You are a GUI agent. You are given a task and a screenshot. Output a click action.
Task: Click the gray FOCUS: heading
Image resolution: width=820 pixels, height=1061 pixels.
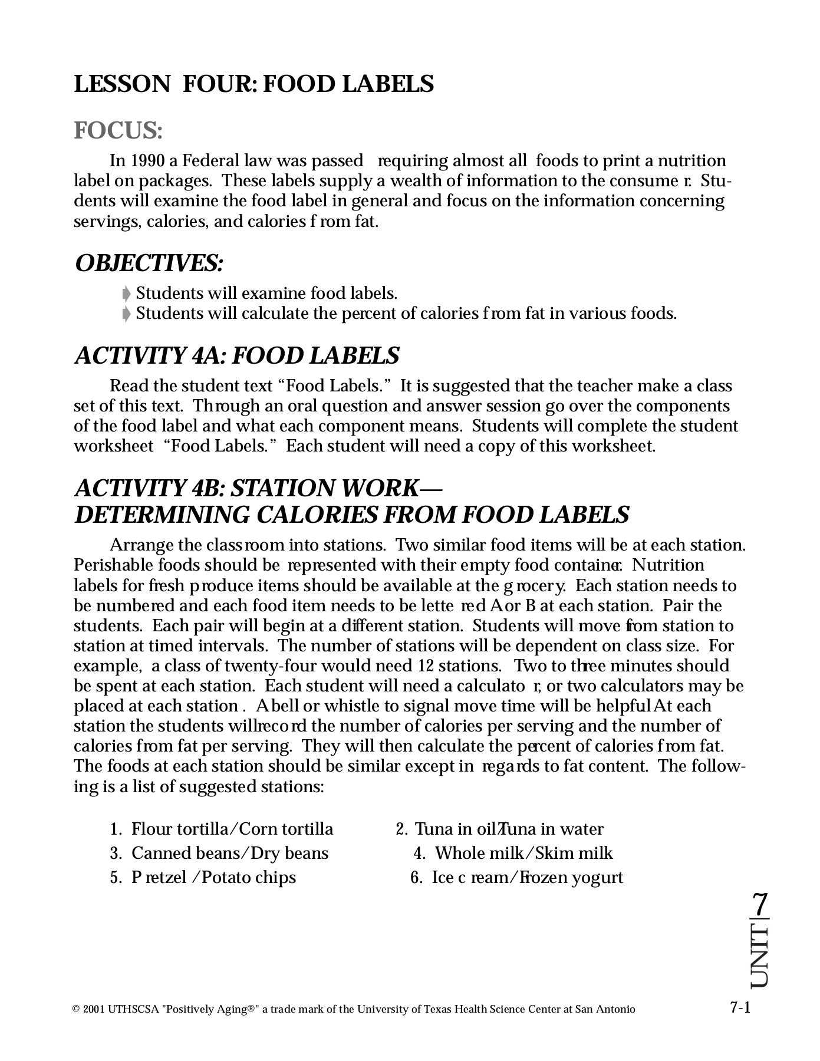(x=118, y=130)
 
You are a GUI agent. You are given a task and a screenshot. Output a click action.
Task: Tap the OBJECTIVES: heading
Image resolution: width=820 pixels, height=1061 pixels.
(x=149, y=263)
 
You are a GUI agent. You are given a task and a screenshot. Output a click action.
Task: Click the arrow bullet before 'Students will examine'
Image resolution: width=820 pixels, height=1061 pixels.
(x=126, y=294)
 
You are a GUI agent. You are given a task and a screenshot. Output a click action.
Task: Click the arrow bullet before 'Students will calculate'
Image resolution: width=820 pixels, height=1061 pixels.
(x=126, y=314)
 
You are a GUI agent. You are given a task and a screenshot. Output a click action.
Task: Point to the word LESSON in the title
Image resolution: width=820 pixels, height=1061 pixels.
(x=121, y=84)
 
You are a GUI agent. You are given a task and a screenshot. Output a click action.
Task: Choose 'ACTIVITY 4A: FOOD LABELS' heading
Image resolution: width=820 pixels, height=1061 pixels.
(x=237, y=355)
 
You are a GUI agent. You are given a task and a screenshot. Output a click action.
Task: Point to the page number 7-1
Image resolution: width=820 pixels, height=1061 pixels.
(x=740, y=1007)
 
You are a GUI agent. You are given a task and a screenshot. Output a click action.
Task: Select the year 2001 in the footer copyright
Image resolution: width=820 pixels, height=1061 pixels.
(x=94, y=1009)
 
